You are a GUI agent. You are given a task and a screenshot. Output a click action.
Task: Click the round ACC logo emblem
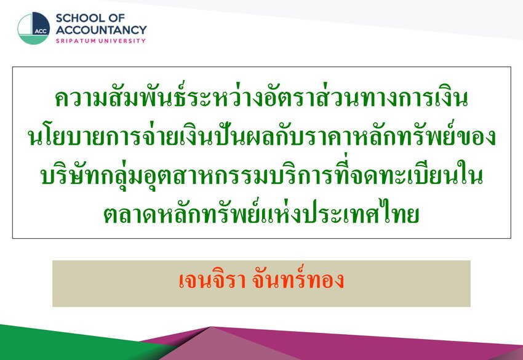point(33,28)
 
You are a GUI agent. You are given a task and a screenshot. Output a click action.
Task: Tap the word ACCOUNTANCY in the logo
point(101,30)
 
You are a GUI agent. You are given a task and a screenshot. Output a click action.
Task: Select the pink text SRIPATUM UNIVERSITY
point(101,41)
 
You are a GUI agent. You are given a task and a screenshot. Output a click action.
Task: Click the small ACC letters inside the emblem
point(41,31)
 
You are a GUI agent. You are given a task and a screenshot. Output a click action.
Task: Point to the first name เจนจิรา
point(212,281)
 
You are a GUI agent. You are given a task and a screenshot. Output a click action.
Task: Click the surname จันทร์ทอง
point(298,279)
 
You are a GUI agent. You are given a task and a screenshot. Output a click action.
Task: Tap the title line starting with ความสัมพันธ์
point(261,97)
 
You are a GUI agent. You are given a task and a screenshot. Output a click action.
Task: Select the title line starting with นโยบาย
point(261,136)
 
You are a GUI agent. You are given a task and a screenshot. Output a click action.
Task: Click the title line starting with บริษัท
point(261,174)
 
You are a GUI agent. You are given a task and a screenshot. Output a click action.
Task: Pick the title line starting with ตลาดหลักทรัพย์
point(261,212)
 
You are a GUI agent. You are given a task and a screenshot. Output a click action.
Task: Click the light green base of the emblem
point(33,40)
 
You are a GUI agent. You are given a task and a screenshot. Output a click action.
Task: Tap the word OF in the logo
point(117,18)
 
